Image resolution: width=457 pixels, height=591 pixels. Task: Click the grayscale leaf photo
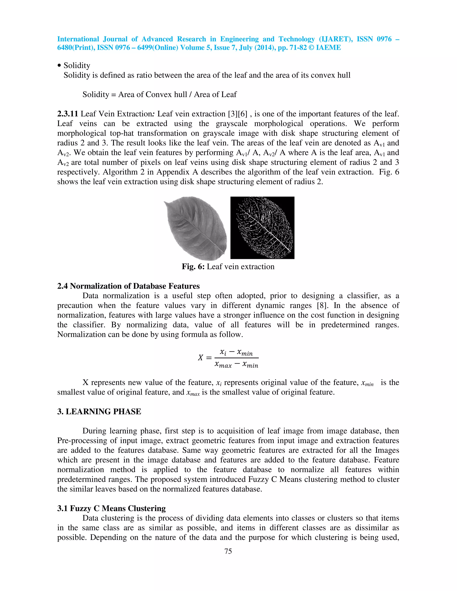pyautogui.click(x=196, y=228)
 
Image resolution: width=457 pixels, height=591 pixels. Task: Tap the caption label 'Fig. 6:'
pyautogui.click(x=193, y=267)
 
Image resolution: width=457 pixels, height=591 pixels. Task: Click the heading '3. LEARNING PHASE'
pyautogui.click(x=99, y=412)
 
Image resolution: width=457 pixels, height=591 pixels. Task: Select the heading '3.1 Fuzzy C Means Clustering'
pyautogui.click(x=111, y=508)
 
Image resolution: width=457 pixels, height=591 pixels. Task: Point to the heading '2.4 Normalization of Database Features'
pyautogui.click(x=128, y=286)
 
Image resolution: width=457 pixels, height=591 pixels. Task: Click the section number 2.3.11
pyautogui.click(x=68, y=114)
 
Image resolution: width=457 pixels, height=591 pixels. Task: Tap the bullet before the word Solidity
pyautogui.click(x=59, y=66)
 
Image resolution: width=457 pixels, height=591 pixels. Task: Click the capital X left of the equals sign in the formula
pyautogui.click(x=200, y=358)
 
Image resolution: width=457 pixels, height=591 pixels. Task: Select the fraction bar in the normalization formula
pyautogui.click(x=236, y=358)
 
